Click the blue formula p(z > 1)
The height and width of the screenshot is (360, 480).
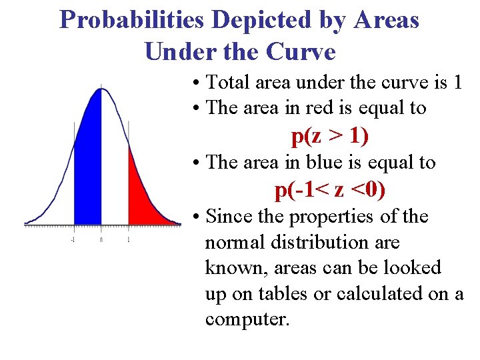pyautogui.click(x=330, y=136)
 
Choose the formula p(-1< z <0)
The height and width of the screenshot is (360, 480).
pyautogui.click(x=330, y=191)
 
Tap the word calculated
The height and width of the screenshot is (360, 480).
pyautogui.click(x=377, y=294)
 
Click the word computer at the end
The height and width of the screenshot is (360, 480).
pyautogui.click(x=247, y=319)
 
